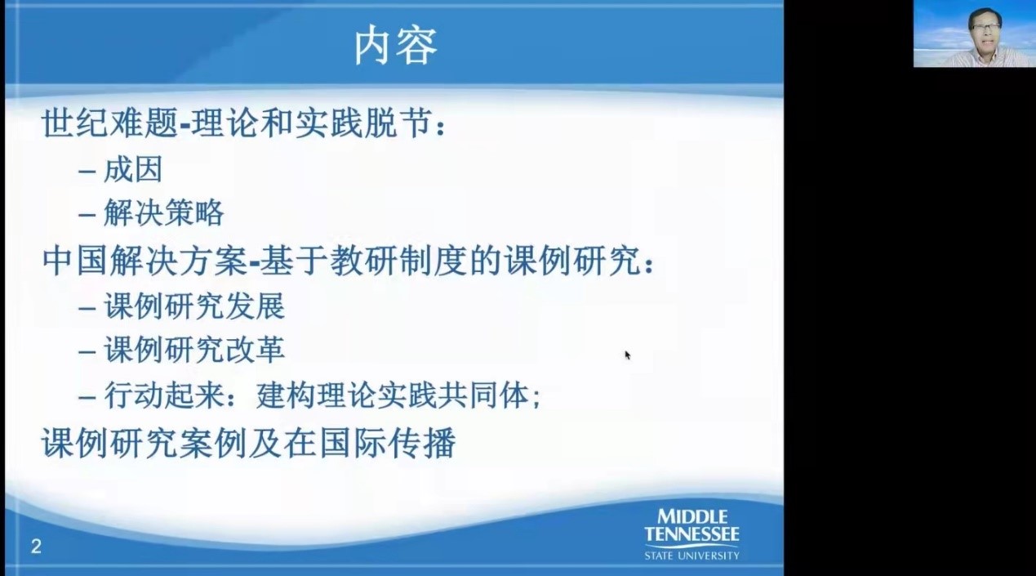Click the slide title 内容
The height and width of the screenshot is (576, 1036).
point(395,46)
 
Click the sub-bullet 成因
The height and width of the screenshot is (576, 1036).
point(133,170)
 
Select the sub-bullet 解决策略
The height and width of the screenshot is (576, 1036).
point(163,214)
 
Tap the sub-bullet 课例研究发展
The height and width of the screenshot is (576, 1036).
point(194,307)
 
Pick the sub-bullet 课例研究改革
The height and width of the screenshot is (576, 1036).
point(194,351)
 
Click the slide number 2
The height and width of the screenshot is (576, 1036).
point(36,547)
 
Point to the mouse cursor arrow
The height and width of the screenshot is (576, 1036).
point(627,355)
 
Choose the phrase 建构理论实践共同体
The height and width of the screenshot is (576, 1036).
point(392,396)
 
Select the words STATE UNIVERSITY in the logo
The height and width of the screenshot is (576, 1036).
point(691,556)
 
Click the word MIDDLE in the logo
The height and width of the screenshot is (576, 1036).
point(692,516)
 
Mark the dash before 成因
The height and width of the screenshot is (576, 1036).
point(87,171)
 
